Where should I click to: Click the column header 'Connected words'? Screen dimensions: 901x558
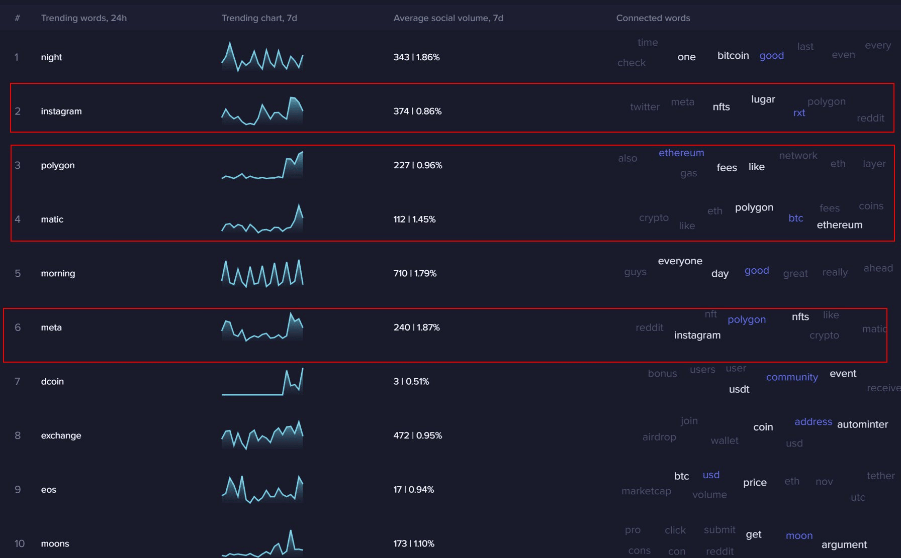(653, 18)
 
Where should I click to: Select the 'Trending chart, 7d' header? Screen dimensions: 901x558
(259, 18)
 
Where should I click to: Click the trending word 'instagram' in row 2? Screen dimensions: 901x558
(61, 111)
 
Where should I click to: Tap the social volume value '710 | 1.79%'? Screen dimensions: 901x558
(415, 273)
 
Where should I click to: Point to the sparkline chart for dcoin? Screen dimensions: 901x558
(262, 382)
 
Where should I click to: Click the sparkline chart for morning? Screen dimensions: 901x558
(262, 273)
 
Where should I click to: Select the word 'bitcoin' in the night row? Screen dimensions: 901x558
(733, 55)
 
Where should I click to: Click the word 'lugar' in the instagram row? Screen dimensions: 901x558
(763, 99)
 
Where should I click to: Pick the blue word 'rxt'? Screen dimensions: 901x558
(799, 113)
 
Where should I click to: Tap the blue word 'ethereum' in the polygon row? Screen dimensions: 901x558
(681, 153)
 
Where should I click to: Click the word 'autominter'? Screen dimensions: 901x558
(862, 424)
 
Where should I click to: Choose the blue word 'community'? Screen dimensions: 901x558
(792, 377)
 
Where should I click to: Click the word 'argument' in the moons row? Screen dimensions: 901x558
(844, 545)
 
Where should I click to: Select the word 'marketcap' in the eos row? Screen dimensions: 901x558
(646, 491)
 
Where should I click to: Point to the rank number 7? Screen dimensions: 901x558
(18, 382)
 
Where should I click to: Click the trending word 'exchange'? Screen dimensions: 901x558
(61, 435)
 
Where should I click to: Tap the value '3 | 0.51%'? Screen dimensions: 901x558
(411, 382)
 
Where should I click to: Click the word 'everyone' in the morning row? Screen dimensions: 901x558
(680, 261)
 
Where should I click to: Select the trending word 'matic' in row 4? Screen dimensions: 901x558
(52, 219)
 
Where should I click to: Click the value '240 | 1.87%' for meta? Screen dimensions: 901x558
(417, 327)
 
